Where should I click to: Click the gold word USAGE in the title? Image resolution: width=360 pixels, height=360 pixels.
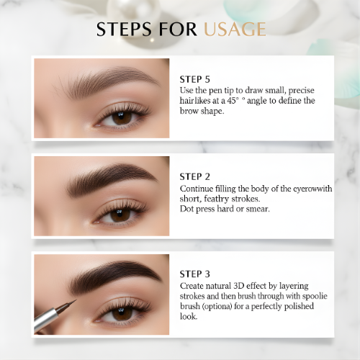click(235, 30)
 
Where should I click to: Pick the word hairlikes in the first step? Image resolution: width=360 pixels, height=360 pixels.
click(197, 101)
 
